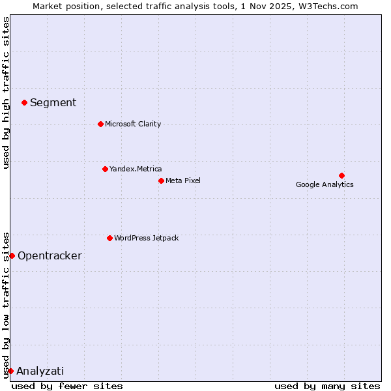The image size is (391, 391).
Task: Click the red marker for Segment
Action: tap(24, 102)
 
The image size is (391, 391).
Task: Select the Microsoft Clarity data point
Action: tap(100, 124)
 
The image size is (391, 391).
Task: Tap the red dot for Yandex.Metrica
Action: tap(105, 169)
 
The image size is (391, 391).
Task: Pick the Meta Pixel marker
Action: tap(161, 181)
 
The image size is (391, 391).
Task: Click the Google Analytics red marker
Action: tap(341, 175)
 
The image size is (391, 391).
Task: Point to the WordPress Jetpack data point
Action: tap(109, 238)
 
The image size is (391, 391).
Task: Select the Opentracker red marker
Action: tap(12, 255)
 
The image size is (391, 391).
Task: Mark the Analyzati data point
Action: tap(10, 371)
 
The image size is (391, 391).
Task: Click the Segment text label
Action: tap(53, 102)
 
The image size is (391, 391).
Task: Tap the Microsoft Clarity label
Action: tap(133, 124)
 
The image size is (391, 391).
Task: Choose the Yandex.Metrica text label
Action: tap(136, 169)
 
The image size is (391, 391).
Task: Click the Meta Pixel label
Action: tap(183, 181)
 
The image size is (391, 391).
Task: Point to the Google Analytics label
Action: tap(325, 184)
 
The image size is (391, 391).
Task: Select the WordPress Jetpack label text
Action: tap(146, 238)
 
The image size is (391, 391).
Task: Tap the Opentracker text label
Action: tap(50, 255)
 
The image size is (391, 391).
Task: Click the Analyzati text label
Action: tap(40, 371)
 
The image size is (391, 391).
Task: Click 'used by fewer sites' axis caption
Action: tap(67, 386)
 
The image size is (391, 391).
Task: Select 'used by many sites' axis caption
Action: tap(327, 386)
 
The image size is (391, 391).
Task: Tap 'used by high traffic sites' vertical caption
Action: tap(7, 93)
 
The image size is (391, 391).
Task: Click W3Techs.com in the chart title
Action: tap(331, 6)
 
